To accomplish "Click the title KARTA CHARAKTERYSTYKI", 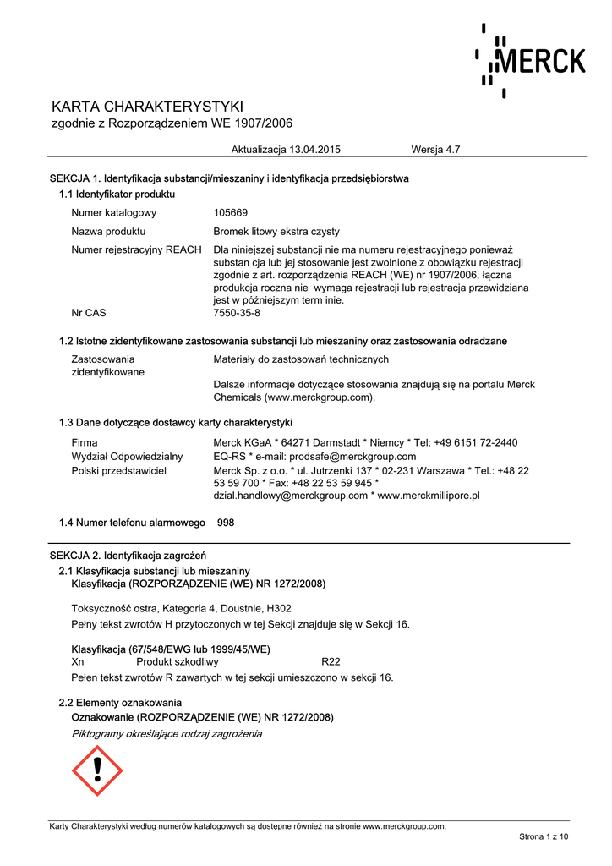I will point(148,107).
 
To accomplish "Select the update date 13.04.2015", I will point(314,150).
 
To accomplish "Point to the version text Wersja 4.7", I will point(435,150).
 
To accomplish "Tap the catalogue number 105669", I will point(231,213).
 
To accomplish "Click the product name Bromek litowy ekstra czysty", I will point(276,231).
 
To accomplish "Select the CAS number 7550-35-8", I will point(237,313).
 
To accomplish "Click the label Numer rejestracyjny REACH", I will point(136,249).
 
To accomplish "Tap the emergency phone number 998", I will point(226,523).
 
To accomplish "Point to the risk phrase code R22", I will point(331,662).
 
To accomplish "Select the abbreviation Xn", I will point(78,662).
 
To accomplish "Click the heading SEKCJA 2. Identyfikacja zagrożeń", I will point(128,556).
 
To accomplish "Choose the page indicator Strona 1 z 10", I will point(544,836).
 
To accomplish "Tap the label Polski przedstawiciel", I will point(119,470).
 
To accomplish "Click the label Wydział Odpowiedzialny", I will point(127,457).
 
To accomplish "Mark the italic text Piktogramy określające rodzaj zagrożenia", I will point(167,733).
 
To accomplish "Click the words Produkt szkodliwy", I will point(178,662).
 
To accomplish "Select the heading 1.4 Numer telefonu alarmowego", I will point(132,523).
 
